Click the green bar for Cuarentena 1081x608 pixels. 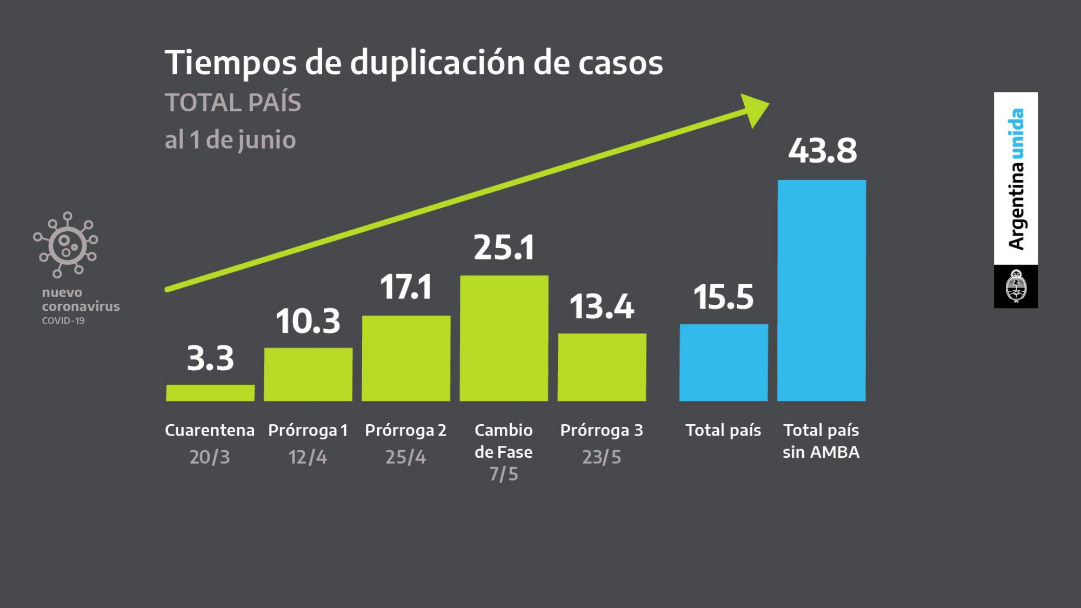coord(210,393)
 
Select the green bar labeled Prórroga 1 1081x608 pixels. coord(308,374)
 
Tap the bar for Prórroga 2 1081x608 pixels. coord(406,358)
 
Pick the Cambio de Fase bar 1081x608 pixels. coord(504,338)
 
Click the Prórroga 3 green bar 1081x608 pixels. coord(602,367)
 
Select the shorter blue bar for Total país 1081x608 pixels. coord(723,362)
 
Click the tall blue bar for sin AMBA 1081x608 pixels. coord(822,290)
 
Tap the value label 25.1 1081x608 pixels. coord(504,248)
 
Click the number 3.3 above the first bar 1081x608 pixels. coord(210,358)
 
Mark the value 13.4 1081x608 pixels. coord(602,306)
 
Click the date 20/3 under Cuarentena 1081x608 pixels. coord(210,457)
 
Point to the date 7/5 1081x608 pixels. coord(504,474)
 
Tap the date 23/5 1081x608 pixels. coord(602,457)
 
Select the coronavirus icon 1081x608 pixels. coord(66,245)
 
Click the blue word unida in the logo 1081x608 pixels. coord(1016,133)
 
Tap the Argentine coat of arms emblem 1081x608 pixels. coord(1016,286)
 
